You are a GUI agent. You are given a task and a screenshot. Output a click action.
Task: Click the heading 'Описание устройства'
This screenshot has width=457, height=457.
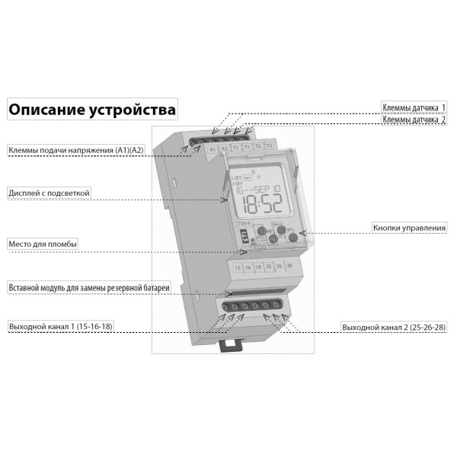tap(91, 110)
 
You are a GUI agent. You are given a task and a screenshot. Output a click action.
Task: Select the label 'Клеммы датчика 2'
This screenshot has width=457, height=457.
tap(414, 120)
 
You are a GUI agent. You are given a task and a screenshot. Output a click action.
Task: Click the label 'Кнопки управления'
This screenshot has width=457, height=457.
tap(409, 227)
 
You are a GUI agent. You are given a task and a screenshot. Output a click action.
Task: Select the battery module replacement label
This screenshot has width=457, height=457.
tap(88, 287)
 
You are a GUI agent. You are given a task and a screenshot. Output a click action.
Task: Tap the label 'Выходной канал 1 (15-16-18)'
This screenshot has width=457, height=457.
tap(64, 327)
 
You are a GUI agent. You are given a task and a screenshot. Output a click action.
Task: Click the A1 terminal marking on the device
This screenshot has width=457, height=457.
tap(213, 149)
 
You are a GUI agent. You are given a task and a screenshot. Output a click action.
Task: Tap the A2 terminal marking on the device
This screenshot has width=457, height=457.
tap(224, 148)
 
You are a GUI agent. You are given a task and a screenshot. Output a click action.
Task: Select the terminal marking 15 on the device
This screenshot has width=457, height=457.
tap(238, 268)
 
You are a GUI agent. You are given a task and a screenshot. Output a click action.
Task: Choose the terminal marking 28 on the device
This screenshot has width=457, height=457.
tap(289, 265)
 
